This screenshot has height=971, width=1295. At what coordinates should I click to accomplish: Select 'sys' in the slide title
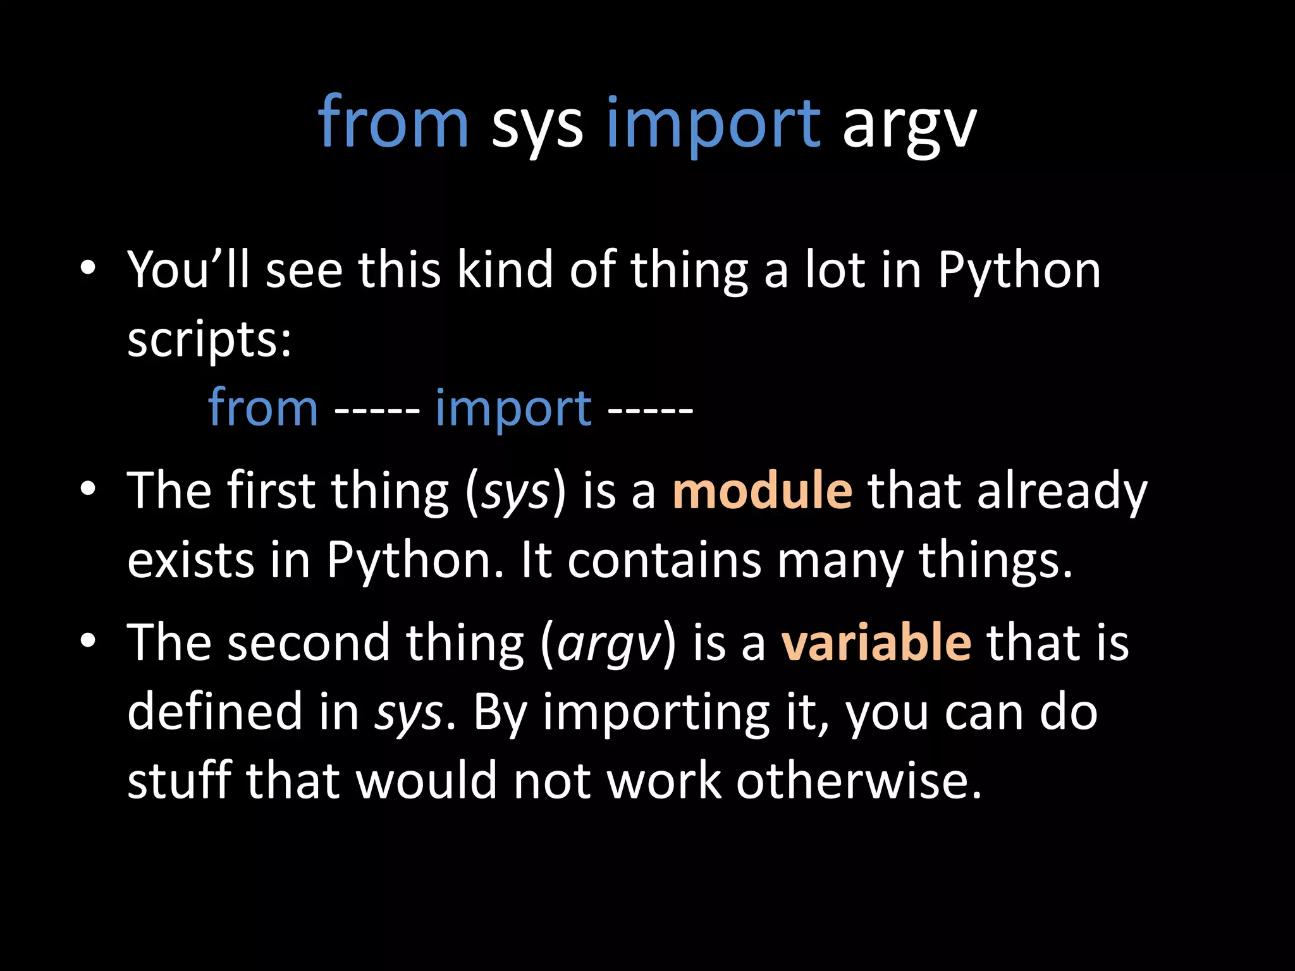[537, 126]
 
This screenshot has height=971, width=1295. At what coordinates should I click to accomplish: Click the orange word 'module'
[762, 491]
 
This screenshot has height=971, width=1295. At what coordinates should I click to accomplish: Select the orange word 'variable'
[876, 642]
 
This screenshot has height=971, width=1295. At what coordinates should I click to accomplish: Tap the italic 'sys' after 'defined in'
[408, 713]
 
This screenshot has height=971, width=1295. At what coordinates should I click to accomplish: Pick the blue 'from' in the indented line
[263, 408]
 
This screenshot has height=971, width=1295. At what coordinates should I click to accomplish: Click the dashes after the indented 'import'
[651, 411]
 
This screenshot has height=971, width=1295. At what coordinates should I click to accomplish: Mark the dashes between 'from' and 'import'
[377, 411]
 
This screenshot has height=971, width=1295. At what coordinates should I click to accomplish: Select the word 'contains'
[664, 561]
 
